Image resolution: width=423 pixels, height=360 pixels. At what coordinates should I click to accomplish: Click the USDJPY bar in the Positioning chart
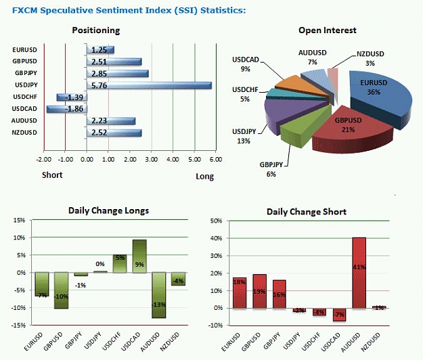[x=149, y=85]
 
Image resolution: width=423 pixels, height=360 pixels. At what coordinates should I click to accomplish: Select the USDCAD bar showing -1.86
[x=66, y=109]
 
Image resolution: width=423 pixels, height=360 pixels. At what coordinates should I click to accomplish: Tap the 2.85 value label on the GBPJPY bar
[x=99, y=74]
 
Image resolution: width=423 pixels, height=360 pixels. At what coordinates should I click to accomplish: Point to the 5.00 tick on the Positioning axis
[x=194, y=160]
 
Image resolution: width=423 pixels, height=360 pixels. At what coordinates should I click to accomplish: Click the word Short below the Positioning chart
[x=52, y=175]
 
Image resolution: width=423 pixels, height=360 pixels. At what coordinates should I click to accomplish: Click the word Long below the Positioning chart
[x=205, y=177]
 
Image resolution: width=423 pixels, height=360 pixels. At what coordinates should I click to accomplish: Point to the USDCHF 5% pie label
[x=245, y=94]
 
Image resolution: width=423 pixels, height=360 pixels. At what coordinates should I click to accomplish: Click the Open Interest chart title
[x=327, y=30]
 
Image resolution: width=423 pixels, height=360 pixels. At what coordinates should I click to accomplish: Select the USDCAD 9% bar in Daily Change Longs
[x=139, y=256]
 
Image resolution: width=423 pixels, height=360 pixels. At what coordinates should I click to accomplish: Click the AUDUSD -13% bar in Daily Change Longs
[x=158, y=295]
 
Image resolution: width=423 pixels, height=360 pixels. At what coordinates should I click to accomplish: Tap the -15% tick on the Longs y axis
[x=18, y=325]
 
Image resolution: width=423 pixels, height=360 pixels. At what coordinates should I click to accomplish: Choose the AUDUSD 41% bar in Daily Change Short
[x=359, y=273]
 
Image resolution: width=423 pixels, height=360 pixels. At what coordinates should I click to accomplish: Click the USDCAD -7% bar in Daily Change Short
[x=339, y=315]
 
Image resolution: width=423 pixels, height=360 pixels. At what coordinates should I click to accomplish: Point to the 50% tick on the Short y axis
[x=216, y=221]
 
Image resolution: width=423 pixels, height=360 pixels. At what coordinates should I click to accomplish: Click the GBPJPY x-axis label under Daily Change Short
[x=271, y=340]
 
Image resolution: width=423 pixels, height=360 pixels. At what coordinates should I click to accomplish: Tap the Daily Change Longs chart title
[x=108, y=210]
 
